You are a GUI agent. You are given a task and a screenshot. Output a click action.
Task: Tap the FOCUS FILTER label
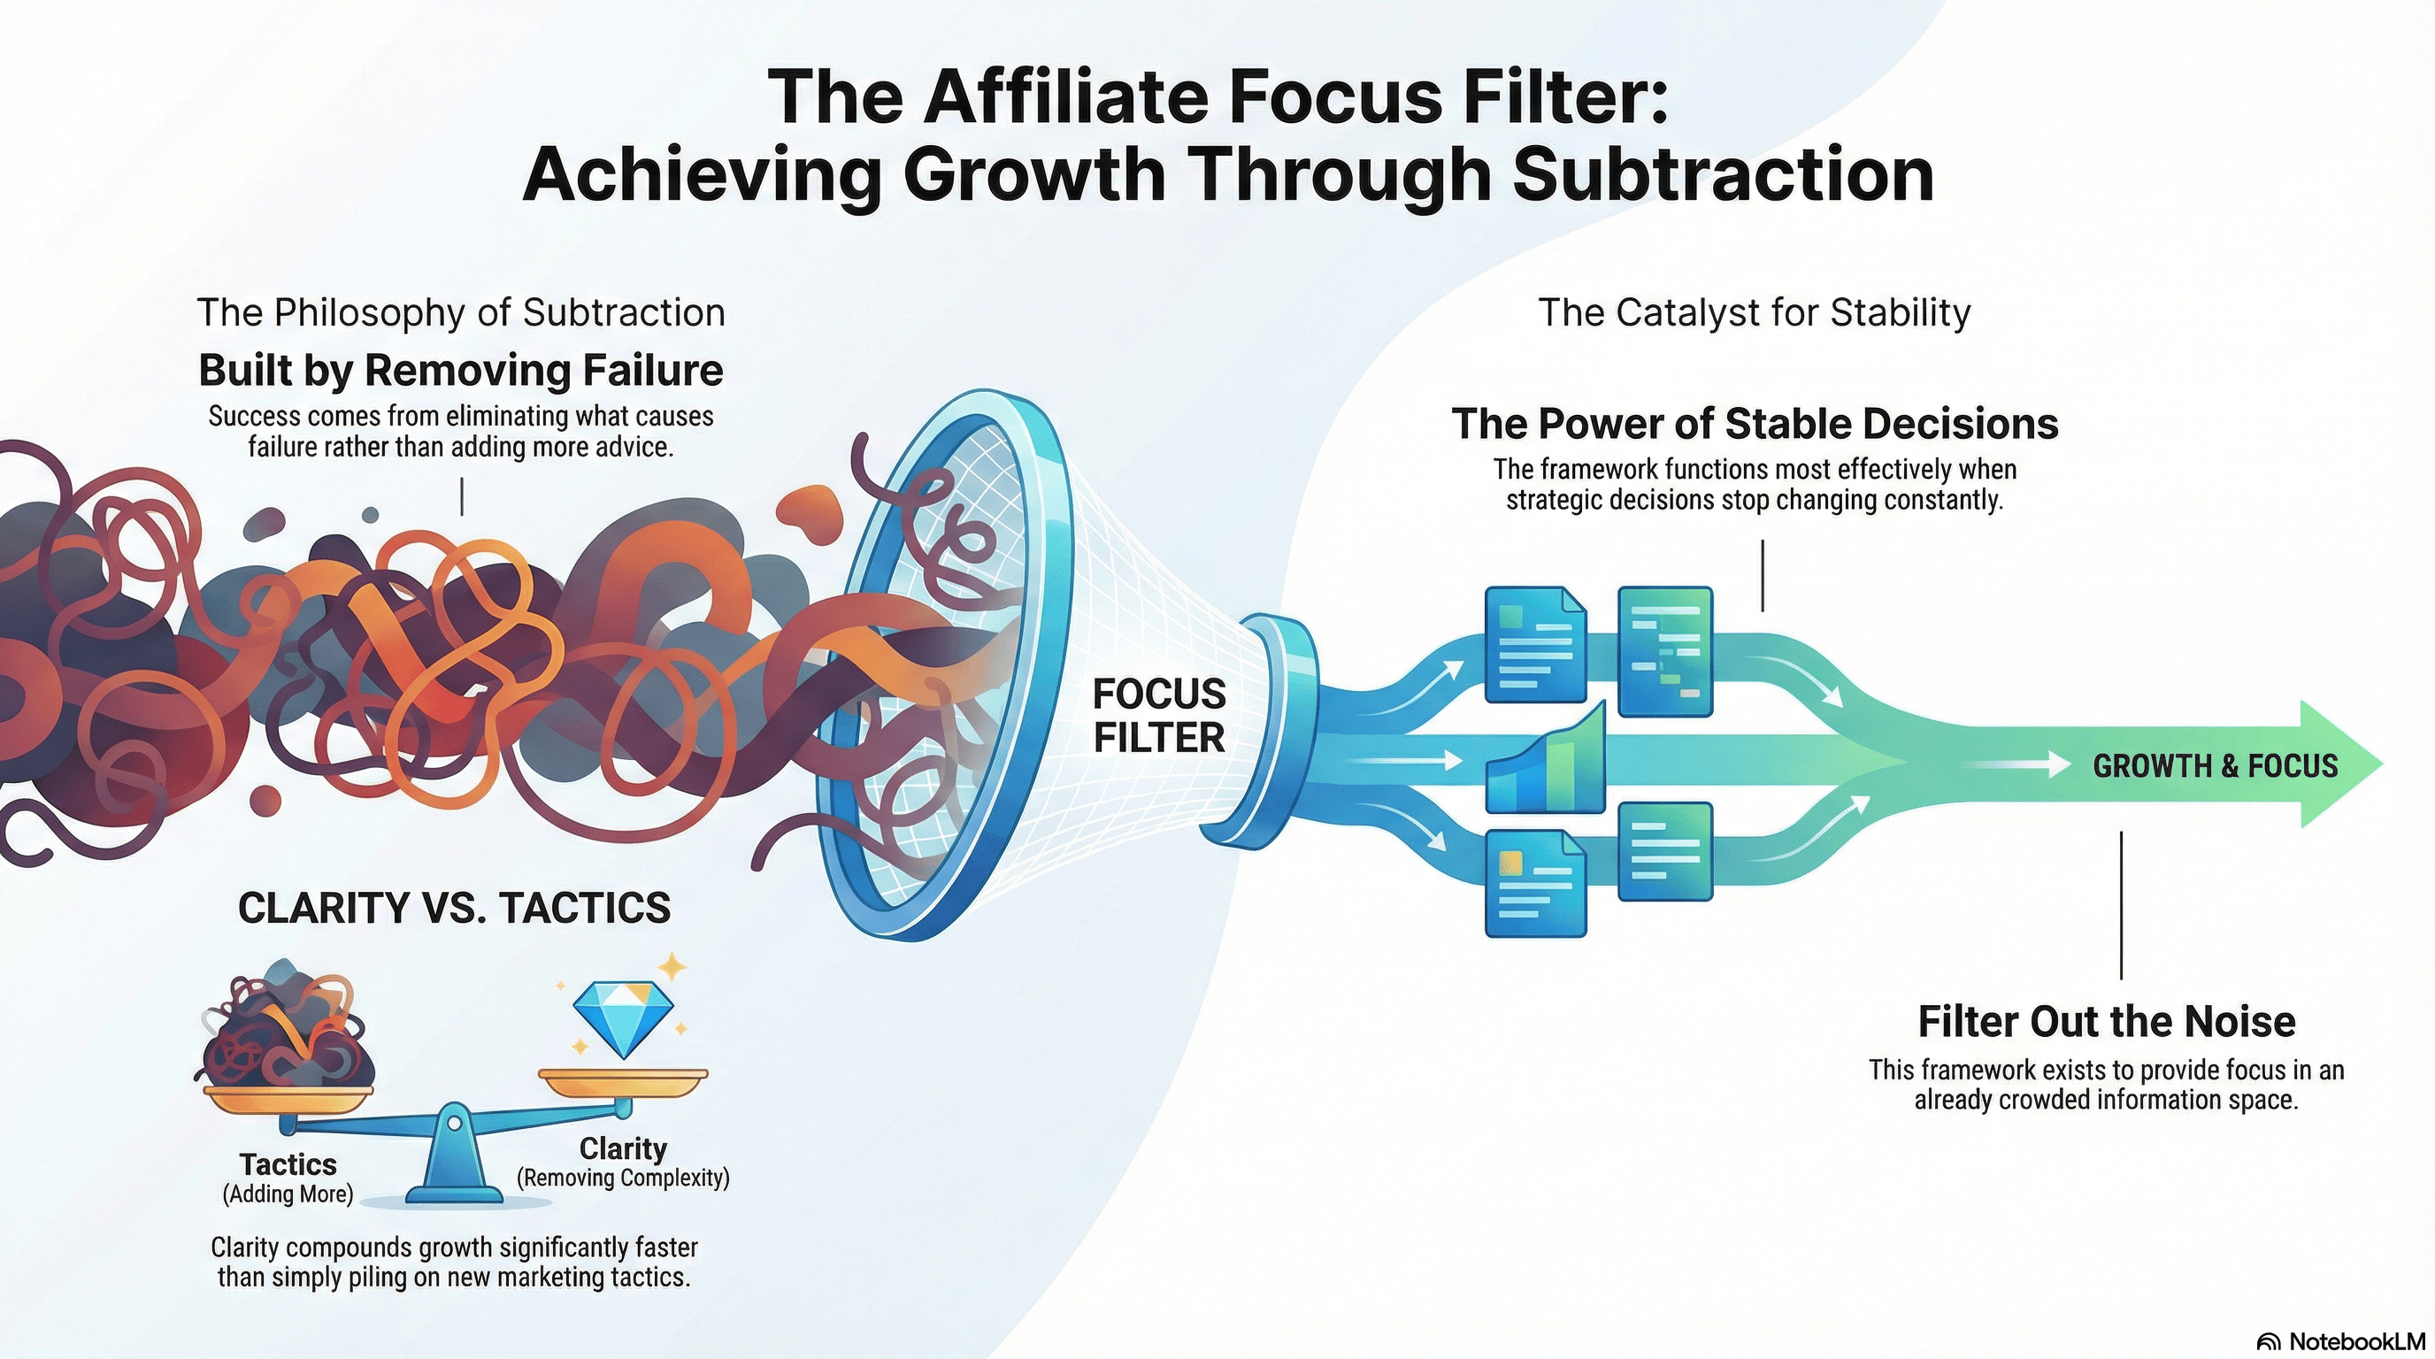1159,716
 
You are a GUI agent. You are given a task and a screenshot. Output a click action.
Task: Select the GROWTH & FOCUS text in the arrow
2215,765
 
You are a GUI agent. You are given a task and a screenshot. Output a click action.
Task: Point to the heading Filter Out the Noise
2107,1021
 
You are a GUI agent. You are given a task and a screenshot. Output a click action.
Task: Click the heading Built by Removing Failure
460,370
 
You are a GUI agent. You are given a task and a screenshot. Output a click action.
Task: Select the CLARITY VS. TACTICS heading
454,907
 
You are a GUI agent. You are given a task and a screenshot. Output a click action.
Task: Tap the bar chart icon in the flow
1546,758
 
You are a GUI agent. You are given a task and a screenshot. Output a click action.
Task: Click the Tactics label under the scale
288,1163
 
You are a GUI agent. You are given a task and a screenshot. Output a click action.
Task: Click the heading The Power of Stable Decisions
1755,424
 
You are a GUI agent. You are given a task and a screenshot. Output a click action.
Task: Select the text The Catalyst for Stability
1755,313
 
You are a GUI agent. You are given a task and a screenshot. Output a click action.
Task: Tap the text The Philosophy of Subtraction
461,313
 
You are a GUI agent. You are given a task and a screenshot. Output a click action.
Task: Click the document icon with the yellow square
1535,883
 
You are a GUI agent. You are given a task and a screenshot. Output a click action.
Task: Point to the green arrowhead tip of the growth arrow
2382,764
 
